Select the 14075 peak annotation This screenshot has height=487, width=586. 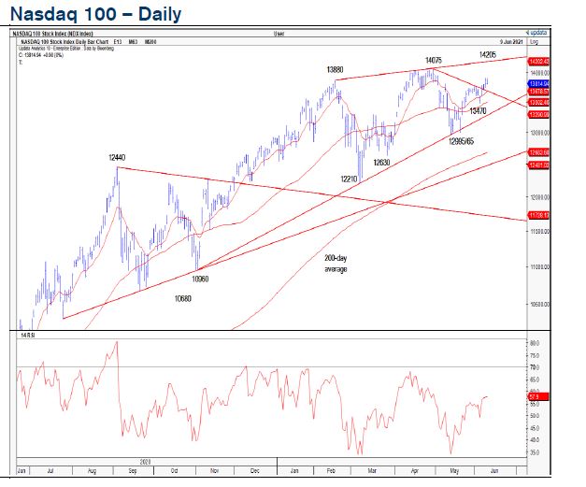(x=433, y=60)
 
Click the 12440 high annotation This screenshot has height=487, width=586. (x=118, y=159)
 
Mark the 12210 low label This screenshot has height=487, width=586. (x=350, y=179)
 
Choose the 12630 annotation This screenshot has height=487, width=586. (x=382, y=163)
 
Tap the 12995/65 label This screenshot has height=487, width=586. (x=462, y=141)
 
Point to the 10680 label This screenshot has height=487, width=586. (x=183, y=299)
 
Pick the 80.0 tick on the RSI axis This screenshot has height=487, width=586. (x=536, y=343)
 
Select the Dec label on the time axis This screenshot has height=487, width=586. (x=254, y=469)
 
